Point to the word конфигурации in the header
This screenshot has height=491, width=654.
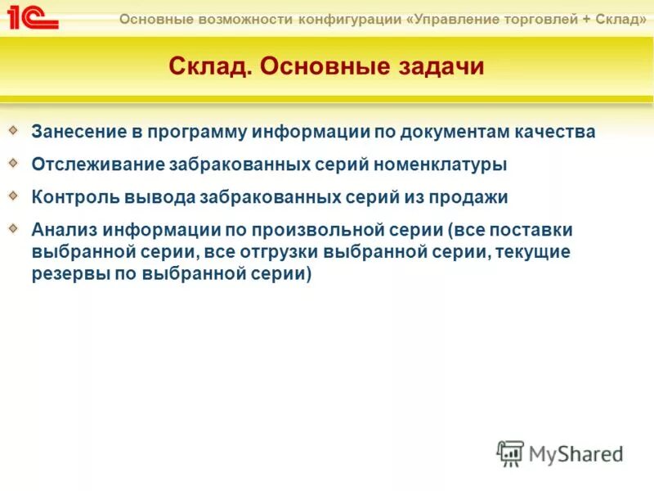tap(357, 19)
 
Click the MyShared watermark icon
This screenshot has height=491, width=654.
tap(511, 453)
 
